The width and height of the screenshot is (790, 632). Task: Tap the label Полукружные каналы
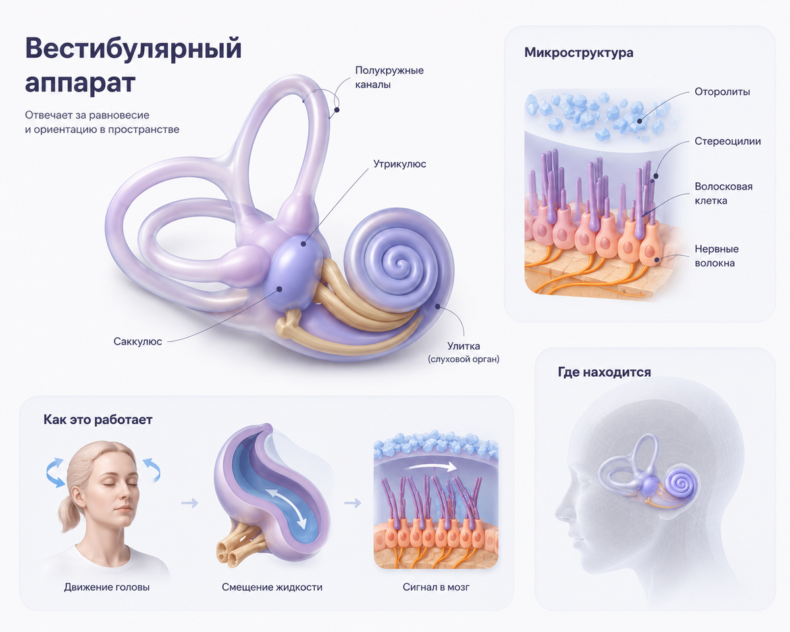389,78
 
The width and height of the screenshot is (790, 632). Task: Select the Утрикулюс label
400,164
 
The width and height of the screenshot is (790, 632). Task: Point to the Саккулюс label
138,341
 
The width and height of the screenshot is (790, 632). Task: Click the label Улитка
463,346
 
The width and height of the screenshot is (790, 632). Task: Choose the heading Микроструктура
579,53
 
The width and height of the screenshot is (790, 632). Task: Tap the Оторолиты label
722,91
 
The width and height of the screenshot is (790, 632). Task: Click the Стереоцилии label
727,141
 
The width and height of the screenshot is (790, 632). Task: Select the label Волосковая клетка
724,193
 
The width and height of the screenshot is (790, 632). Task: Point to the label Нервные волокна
716,256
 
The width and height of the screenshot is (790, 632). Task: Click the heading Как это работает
98,420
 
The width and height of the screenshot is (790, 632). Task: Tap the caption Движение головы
107,587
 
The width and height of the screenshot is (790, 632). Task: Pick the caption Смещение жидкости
272,587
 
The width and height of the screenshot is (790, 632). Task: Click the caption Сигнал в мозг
436,587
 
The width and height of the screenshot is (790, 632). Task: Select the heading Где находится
604,372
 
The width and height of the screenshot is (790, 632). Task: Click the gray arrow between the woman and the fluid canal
190,503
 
